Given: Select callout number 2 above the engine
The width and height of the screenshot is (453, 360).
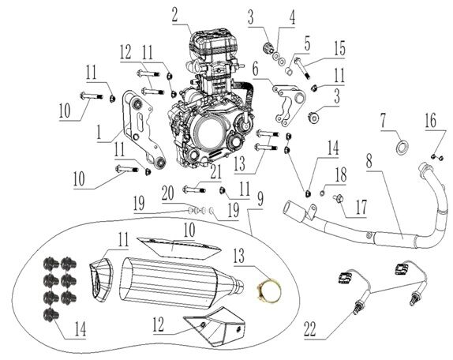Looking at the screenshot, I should click(x=174, y=13).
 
